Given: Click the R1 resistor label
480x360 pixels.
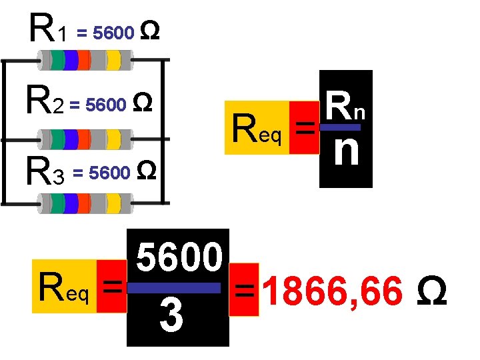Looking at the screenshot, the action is point(47,31).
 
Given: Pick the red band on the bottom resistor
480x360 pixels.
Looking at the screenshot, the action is point(85,203).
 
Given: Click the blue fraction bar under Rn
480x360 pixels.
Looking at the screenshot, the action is point(340,127).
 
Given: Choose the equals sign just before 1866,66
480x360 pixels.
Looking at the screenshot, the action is point(244,291).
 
